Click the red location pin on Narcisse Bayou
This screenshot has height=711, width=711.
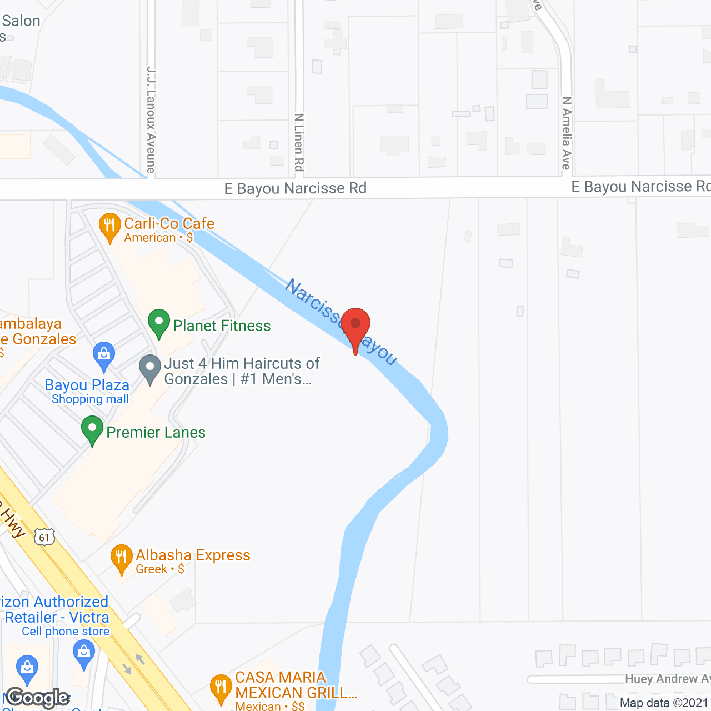point(355,325)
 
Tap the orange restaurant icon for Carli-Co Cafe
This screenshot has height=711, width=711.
point(109,226)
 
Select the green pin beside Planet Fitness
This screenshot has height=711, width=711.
point(159,322)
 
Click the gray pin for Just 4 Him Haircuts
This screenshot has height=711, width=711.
point(149,368)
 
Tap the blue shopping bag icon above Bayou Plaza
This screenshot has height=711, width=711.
point(103,354)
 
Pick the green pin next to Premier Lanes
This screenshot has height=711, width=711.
point(92,429)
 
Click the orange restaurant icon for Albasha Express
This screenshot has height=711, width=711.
point(121,557)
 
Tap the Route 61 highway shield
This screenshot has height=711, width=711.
point(44,537)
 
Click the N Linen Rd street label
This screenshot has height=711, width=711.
point(299,142)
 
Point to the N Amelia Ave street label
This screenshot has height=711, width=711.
point(566,133)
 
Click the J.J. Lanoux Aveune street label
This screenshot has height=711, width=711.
point(151,119)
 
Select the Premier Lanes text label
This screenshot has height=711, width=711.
point(156,432)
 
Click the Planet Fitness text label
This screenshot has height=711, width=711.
point(222,326)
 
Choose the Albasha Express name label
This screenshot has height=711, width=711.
point(193,555)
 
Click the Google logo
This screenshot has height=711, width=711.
point(38,698)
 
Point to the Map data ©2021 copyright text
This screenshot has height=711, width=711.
point(664,703)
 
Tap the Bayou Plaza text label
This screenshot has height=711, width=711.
point(87,385)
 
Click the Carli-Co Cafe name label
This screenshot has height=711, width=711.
point(169,223)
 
